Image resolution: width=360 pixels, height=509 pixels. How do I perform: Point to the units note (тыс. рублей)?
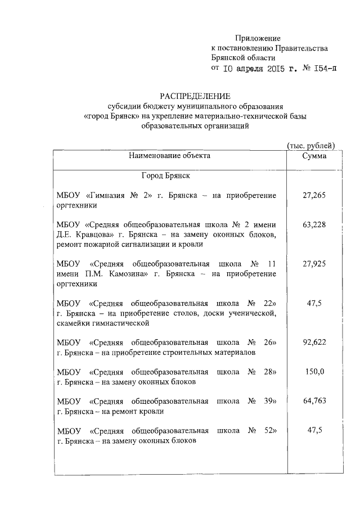311,146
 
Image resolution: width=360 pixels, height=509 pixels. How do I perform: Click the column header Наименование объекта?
169,156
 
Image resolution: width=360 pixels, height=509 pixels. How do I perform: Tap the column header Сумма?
314,156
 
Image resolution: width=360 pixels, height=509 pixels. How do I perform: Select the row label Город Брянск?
166,176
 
